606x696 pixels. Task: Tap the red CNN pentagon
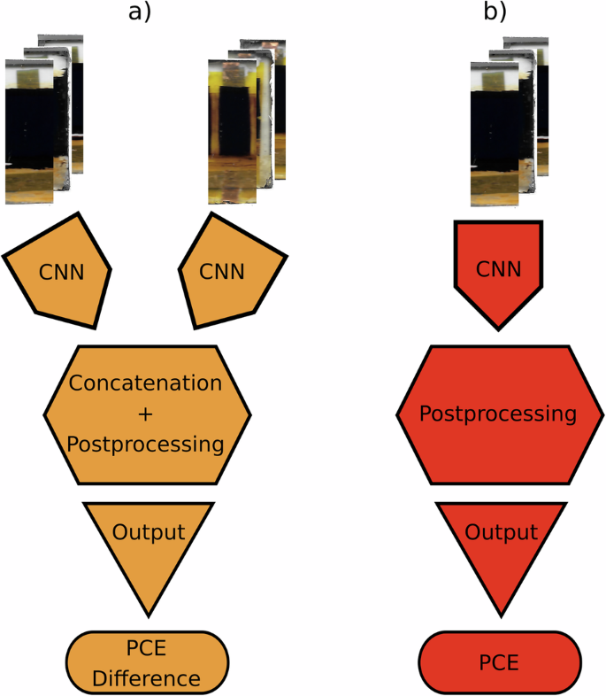point(499,269)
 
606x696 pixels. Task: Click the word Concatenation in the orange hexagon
point(146,384)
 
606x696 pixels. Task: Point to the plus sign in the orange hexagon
point(146,414)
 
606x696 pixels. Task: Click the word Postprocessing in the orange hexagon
point(146,443)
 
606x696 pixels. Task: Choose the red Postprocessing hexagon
point(499,414)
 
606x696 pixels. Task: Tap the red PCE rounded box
point(499,661)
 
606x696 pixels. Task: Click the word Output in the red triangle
point(501,533)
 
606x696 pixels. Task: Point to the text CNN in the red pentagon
point(499,267)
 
